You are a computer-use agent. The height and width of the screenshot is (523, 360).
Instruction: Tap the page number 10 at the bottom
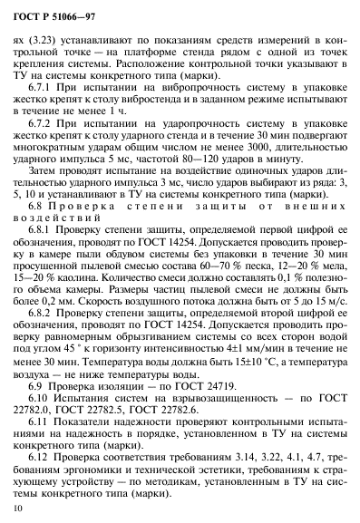click(18, 512)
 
